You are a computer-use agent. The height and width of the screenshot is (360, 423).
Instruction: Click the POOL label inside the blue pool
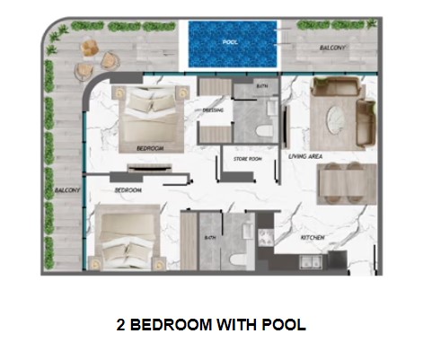232,41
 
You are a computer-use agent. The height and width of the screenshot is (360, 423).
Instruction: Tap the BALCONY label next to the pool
334,48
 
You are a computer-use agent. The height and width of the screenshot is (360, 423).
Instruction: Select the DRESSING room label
213,111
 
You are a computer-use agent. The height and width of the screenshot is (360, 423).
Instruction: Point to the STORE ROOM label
247,160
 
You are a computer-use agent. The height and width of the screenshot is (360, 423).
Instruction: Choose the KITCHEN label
312,238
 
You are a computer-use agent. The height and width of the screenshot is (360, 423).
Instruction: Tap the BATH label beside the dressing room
261,86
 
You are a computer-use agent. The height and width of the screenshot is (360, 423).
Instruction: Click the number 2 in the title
121,325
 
